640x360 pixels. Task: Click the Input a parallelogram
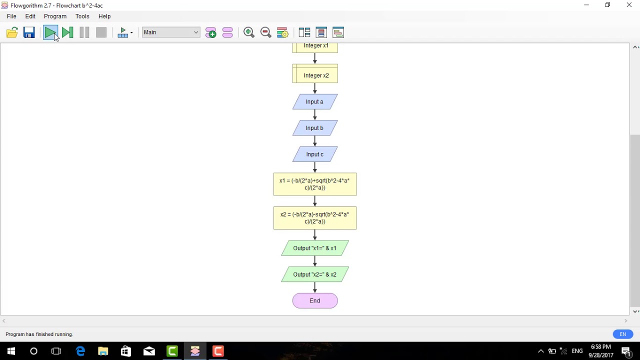(314, 102)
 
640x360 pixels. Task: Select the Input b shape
(314, 128)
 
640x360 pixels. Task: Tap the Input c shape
(314, 154)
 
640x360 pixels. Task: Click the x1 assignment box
(314, 184)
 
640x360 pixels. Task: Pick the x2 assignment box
(314, 218)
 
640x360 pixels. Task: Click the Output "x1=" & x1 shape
(314, 248)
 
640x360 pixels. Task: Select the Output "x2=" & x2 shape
(314, 274)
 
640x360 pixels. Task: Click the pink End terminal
(314, 301)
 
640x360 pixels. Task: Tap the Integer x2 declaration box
(314, 75)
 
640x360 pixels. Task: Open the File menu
(11, 16)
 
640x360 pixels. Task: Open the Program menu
(55, 16)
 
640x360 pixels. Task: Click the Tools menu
(82, 16)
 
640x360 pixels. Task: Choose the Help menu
(104, 16)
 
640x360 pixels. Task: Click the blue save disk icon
(29, 33)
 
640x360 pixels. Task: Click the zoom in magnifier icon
(248, 33)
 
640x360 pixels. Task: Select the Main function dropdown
(171, 32)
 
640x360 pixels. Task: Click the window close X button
(629, 5)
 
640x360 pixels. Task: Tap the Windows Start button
(11, 351)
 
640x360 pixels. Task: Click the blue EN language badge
(622, 334)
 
